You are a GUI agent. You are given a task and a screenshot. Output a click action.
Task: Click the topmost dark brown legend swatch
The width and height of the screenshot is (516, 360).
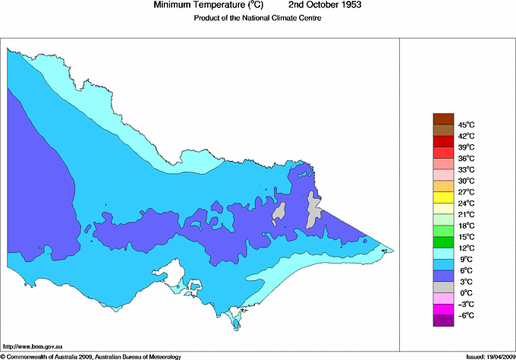click(x=442, y=118)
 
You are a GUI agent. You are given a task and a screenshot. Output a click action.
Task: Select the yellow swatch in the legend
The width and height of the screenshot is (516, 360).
click(x=442, y=197)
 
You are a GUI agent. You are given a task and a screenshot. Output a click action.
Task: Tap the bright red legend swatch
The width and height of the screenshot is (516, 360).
click(x=442, y=141)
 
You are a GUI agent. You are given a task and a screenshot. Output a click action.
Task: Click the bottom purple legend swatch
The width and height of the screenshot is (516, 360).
click(x=442, y=321)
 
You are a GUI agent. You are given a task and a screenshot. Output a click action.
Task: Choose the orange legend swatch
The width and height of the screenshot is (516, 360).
click(x=442, y=186)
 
